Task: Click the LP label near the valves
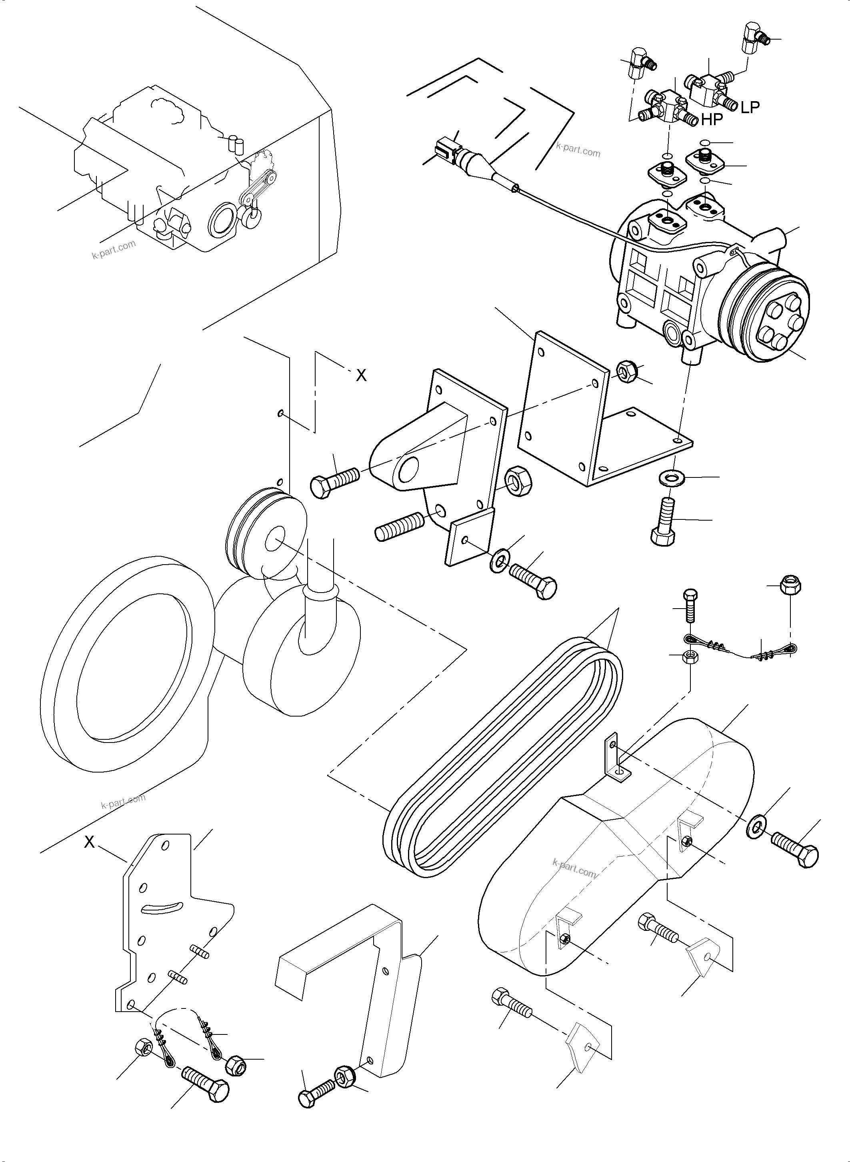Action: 750,107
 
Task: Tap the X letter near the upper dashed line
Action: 361,376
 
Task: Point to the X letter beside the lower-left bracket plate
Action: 90,842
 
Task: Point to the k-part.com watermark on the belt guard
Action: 575,869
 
